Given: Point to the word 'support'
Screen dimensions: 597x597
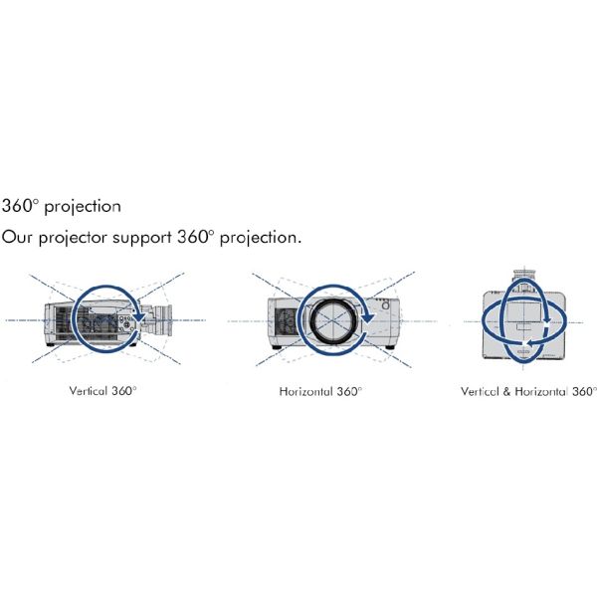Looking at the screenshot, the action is tap(142, 239).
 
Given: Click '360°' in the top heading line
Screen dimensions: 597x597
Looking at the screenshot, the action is tap(21, 206).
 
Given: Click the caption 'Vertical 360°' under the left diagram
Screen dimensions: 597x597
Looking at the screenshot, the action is tap(102, 391).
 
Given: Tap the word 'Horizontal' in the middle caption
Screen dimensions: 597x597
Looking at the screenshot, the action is tap(305, 391).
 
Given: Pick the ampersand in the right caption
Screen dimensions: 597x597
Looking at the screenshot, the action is tap(506, 391).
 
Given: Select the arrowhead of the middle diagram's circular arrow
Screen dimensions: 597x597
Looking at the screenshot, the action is tap(367, 316).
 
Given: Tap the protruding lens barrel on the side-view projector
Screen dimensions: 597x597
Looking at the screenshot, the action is tap(162, 320).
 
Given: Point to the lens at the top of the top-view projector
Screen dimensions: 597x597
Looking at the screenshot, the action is tap(524, 279).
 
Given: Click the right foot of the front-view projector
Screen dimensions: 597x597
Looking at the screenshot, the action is tap(389, 347).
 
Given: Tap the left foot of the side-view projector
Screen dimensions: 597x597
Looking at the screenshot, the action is tap(50, 344).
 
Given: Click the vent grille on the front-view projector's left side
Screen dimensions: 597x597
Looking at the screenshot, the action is tap(286, 321).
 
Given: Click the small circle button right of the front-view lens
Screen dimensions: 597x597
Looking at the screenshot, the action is tap(385, 305).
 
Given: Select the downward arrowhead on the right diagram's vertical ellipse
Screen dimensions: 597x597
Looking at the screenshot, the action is tap(547, 319).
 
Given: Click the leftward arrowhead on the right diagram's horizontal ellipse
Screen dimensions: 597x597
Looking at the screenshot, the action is tap(527, 344).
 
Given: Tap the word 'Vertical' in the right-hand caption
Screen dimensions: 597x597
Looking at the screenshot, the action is tap(480, 391).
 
